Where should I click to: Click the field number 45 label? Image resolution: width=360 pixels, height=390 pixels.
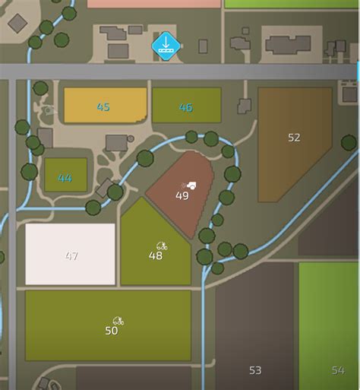103,107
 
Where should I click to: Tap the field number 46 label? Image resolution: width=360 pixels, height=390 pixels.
185,107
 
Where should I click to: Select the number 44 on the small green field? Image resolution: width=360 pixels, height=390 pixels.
65,179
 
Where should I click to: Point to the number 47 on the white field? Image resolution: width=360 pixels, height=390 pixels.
71,256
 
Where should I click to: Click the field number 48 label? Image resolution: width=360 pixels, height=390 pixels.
156,256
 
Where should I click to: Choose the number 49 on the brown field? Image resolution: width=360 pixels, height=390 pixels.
182,195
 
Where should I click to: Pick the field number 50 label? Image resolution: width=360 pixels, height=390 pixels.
112,331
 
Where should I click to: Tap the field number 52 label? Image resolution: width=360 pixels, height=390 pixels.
294,138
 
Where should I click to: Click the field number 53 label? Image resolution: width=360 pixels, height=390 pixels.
255,370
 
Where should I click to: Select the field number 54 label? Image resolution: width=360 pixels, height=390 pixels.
337,370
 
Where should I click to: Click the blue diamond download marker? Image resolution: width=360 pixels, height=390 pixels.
165,46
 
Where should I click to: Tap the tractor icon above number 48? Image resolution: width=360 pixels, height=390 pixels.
161,246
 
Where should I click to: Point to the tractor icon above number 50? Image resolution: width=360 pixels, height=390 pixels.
118,321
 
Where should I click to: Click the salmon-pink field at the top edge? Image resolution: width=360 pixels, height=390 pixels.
152,3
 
